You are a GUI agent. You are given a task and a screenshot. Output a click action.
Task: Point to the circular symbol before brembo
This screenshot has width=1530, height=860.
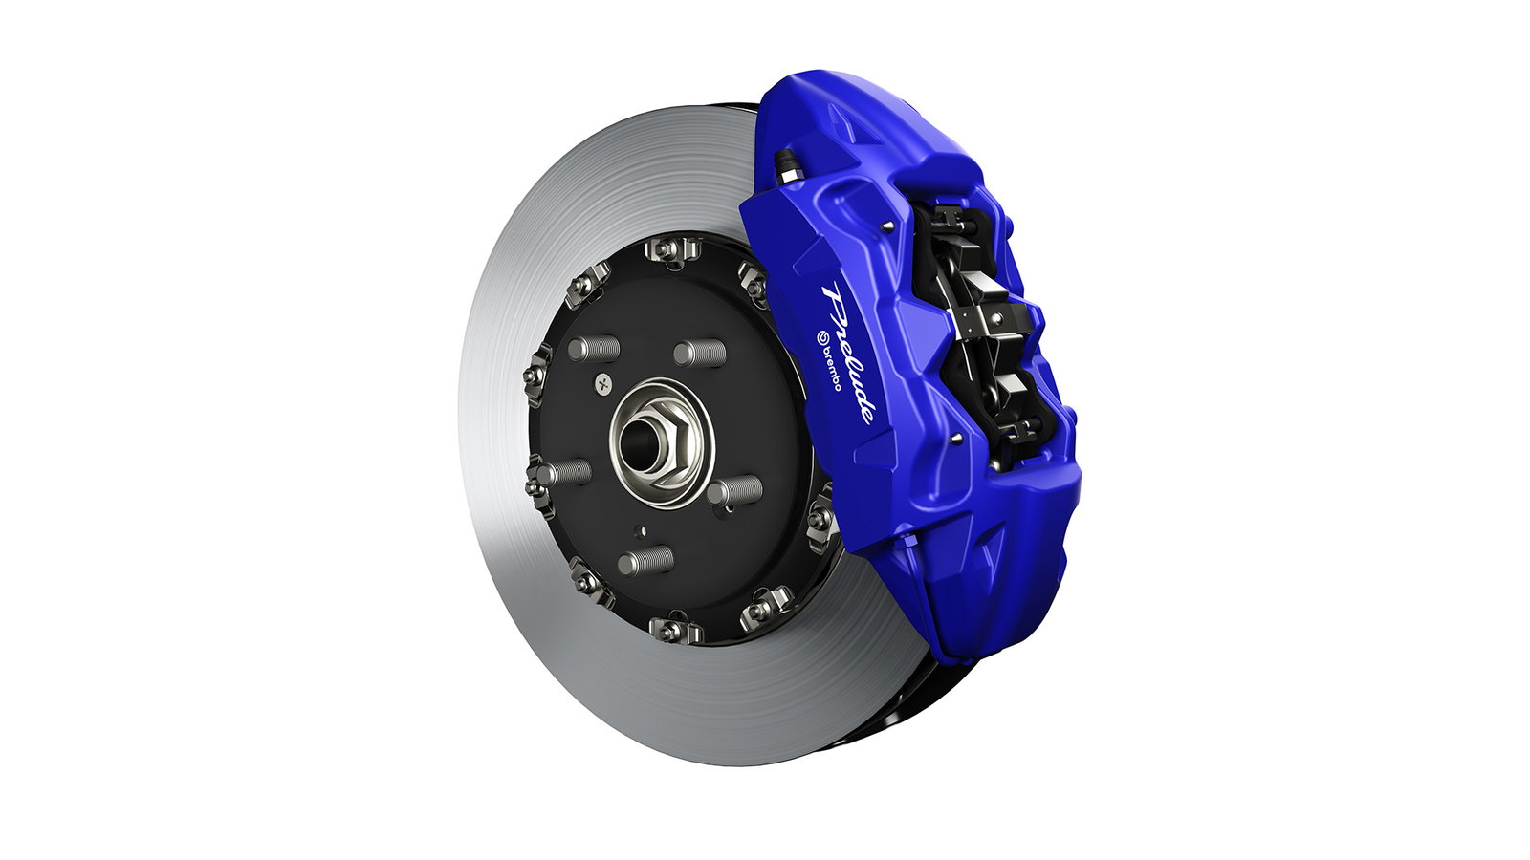[820, 336]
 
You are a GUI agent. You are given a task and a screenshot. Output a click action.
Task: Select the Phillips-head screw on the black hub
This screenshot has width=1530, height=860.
[602, 383]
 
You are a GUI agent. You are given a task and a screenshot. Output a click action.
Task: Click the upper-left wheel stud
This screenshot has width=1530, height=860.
[592, 348]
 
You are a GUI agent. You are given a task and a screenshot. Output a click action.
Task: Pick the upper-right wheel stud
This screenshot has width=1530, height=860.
[699, 354]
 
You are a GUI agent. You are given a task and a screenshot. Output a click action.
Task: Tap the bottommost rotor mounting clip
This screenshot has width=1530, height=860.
[675, 629]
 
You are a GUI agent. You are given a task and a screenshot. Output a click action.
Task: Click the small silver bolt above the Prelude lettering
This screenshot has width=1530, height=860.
[889, 226]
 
